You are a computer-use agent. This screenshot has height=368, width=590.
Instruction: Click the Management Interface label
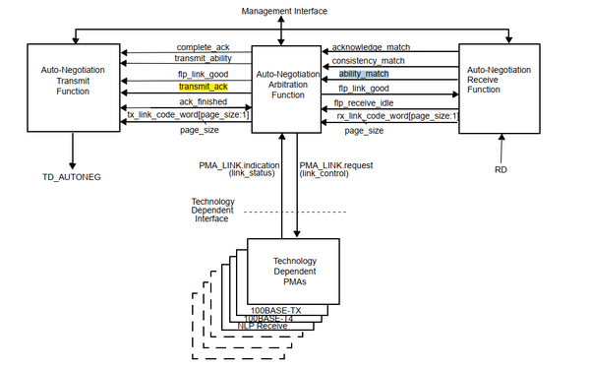(x=284, y=10)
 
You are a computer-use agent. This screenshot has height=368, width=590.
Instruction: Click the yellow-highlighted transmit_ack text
(x=204, y=87)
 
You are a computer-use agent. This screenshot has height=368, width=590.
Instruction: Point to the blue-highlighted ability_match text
(x=365, y=74)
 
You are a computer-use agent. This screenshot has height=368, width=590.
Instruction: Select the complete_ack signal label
(x=204, y=46)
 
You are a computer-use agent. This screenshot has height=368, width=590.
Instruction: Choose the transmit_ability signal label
(x=203, y=59)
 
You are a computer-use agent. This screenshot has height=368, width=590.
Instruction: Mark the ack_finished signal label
(x=204, y=100)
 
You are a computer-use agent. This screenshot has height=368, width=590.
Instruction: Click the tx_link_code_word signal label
(x=188, y=115)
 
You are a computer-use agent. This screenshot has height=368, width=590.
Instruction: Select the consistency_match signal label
(x=370, y=60)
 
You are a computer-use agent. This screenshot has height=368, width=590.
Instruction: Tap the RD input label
(x=501, y=168)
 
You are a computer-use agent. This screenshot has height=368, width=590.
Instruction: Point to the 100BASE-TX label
(x=274, y=311)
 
